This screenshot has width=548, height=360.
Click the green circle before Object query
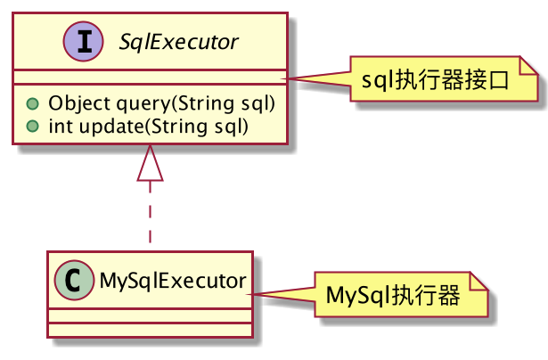click(32, 103)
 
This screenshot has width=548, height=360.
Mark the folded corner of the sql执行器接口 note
click(532, 65)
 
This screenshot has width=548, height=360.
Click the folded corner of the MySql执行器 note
click(482, 279)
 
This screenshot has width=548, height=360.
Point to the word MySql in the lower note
click(357, 295)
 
